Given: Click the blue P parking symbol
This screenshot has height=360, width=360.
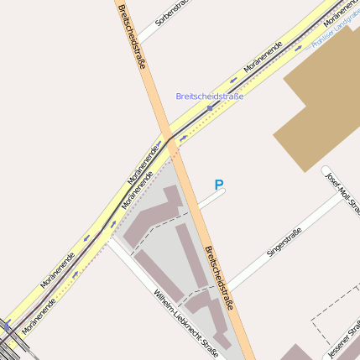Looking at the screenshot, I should [219, 185].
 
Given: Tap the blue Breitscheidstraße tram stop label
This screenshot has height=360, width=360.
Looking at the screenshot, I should [210, 97].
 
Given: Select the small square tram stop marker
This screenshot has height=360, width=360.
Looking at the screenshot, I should [210, 108].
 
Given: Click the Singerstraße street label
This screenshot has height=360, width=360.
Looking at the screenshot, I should [284, 247].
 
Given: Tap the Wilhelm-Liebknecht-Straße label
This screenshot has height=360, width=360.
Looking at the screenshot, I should [185, 323].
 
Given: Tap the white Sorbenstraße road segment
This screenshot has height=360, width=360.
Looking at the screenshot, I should [151, 31].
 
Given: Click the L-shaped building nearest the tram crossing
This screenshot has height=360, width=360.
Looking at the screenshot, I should [154, 215].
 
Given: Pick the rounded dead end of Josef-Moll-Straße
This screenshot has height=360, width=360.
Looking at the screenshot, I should [326, 171].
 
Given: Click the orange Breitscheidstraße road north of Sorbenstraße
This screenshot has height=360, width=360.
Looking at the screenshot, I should [123, 13].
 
